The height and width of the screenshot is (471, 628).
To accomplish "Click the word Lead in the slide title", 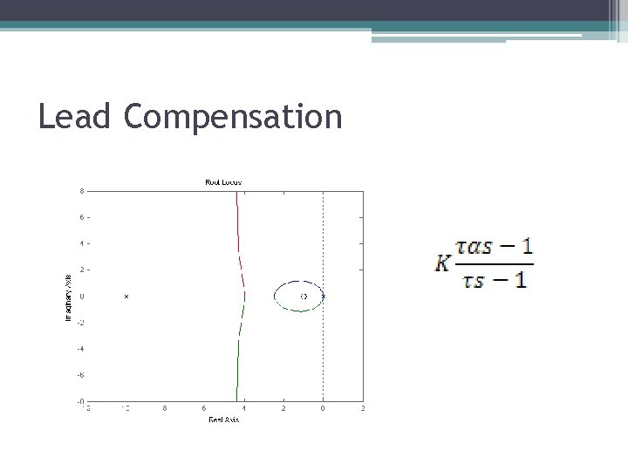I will click(x=74, y=116).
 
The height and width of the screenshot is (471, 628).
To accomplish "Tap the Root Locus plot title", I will click(x=223, y=181).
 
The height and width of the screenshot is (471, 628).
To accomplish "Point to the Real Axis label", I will click(x=223, y=420).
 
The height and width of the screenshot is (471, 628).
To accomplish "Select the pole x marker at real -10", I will click(x=126, y=297).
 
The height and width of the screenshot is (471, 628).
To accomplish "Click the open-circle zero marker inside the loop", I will click(x=304, y=297).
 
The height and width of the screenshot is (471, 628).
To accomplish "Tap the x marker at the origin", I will click(x=323, y=297).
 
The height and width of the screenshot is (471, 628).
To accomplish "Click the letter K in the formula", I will click(x=443, y=261).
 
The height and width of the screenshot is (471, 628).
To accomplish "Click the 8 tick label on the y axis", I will click(x=81, y=190).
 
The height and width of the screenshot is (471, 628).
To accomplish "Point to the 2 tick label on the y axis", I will click(x=81, y=270).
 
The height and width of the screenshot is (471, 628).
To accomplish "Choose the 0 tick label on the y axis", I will click(x=81, y=297).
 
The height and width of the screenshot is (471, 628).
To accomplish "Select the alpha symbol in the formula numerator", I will click(x=482, y=246).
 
